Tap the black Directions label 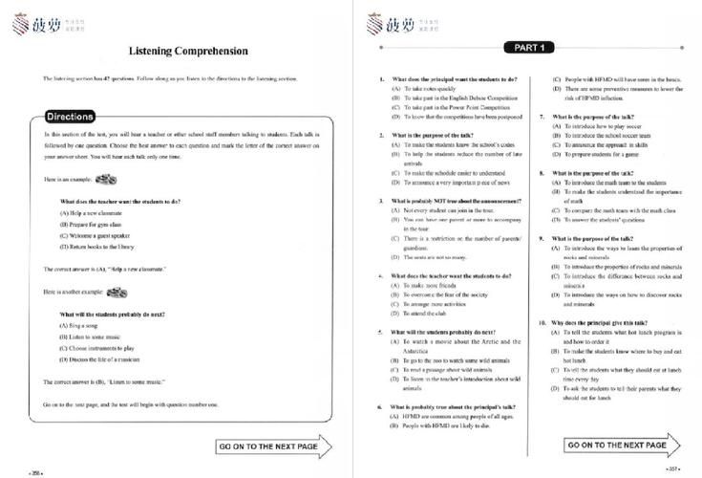click(x=71, y=117)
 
